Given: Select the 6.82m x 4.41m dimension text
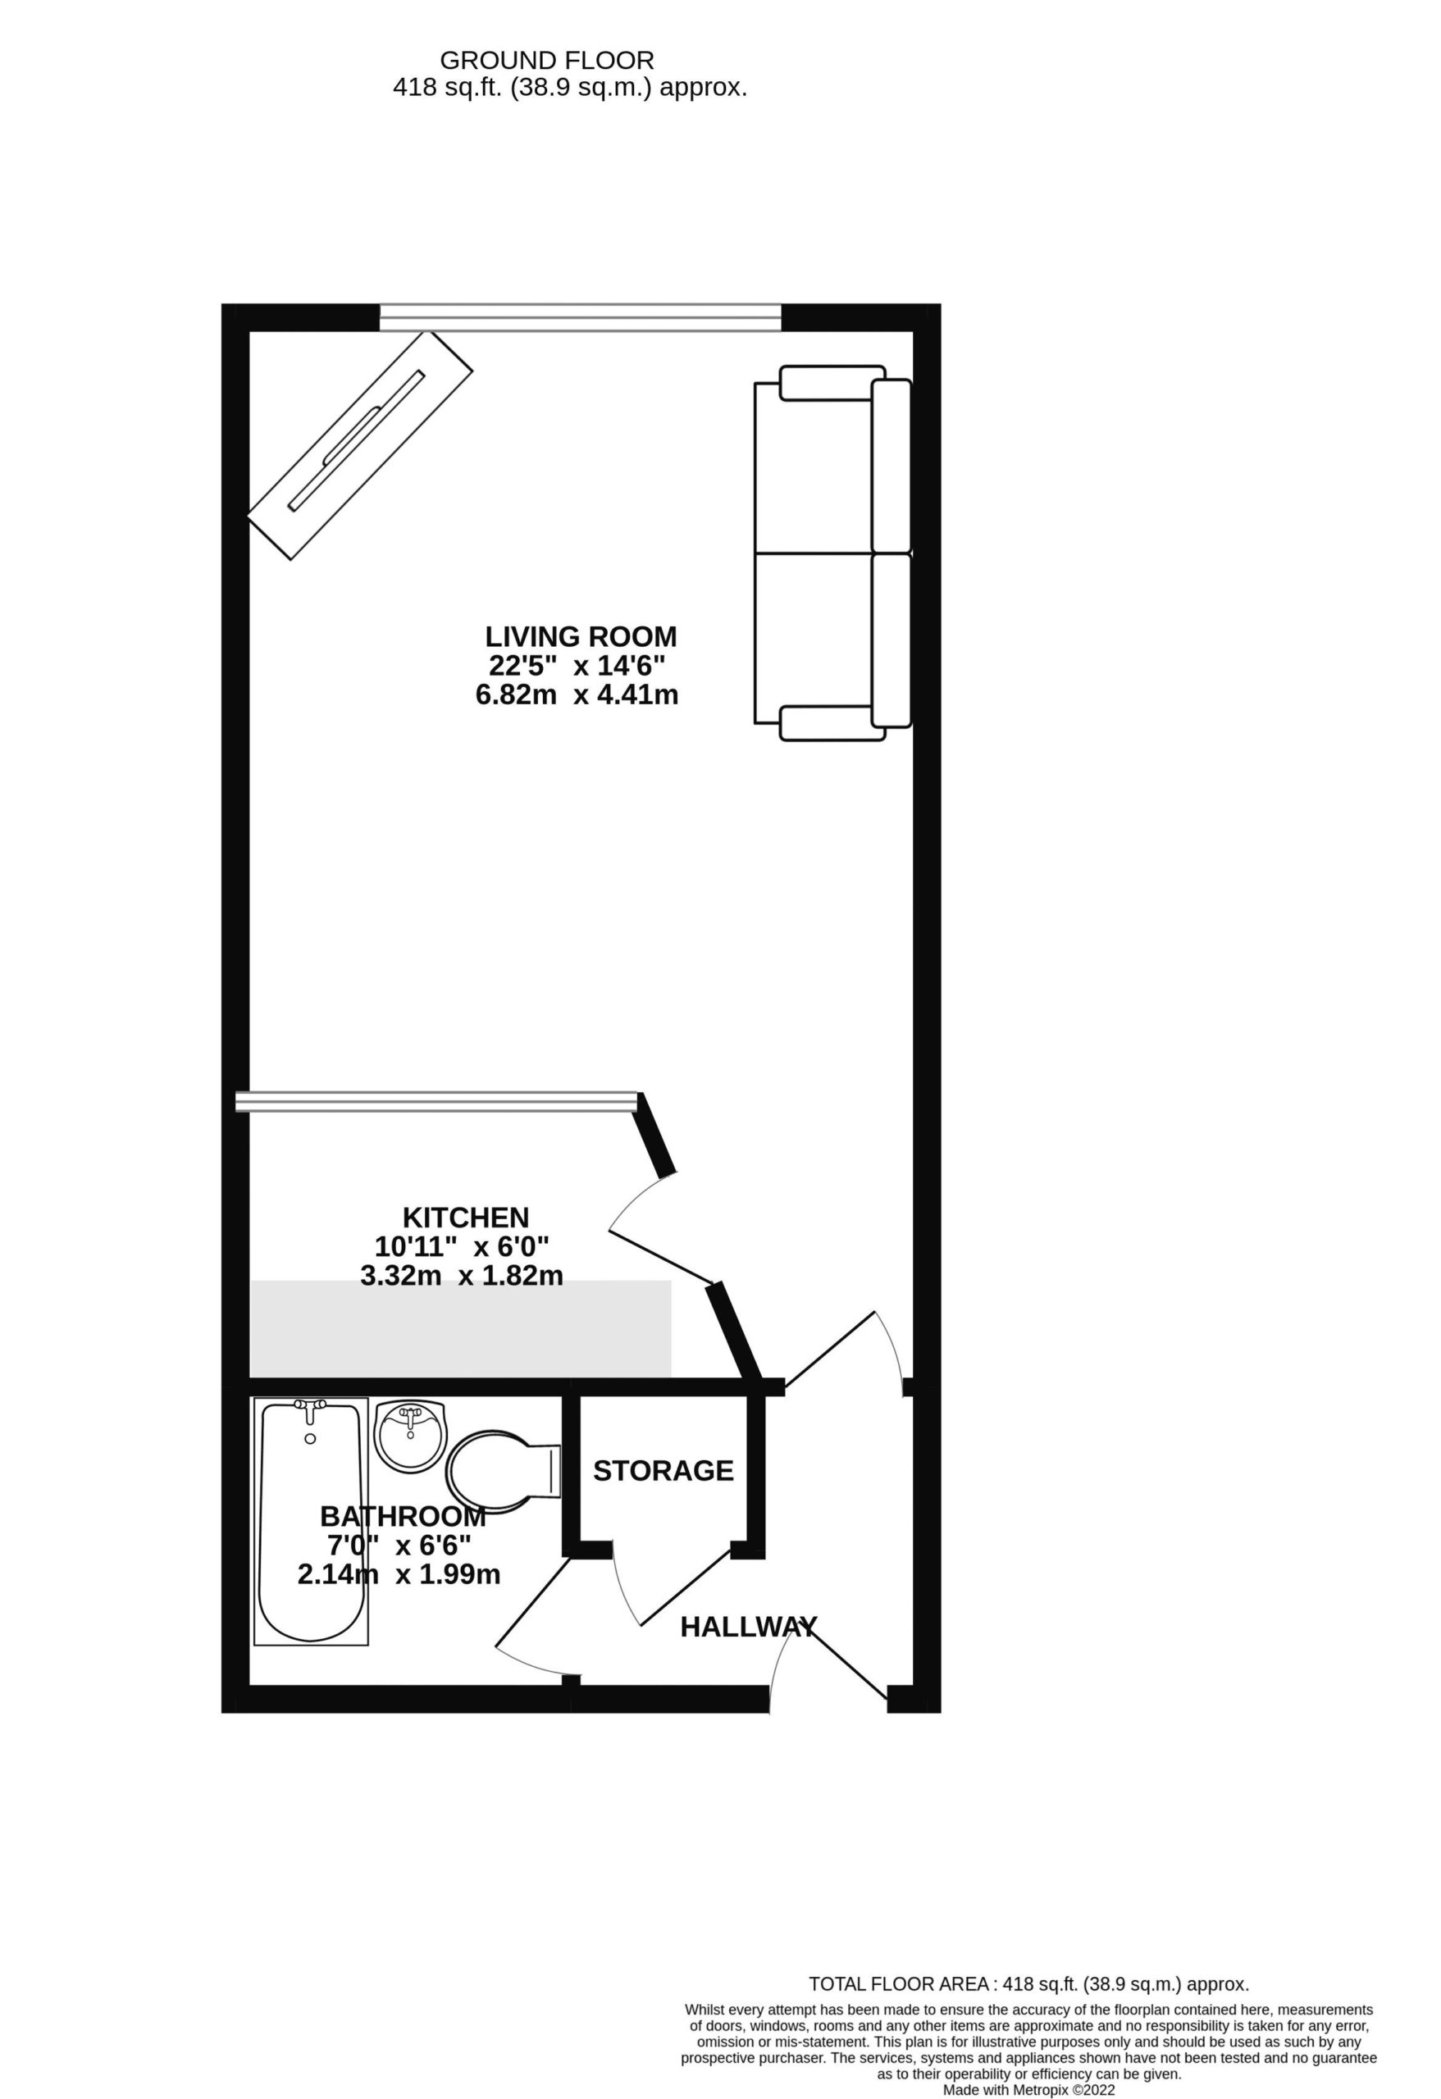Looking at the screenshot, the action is (577, 694).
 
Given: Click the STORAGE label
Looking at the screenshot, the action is (663, 1470).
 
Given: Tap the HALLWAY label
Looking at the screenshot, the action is (748, 1627).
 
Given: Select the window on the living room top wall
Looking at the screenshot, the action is (580, 318).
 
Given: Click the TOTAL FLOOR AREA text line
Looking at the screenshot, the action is (1028, 1984).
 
